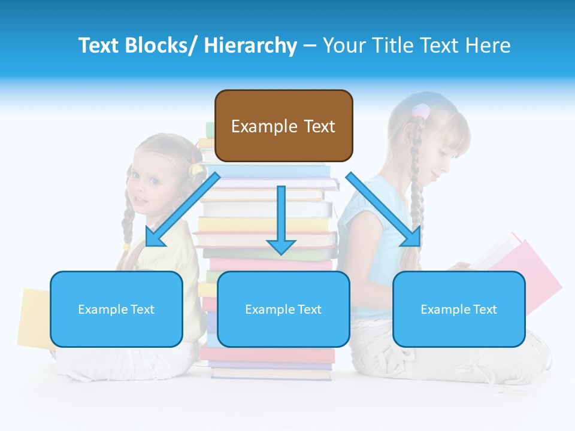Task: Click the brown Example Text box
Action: point(283,126)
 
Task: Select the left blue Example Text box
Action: point(116,309)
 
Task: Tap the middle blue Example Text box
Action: point(283,309)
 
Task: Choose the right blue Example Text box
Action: point(459,309)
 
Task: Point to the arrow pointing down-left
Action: point(182,209)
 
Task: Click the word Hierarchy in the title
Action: point(250,45)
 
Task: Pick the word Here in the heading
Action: point(491,45)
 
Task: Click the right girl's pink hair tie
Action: point(421,111)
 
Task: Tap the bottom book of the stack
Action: point(271,374)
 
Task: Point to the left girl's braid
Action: point(128,221)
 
